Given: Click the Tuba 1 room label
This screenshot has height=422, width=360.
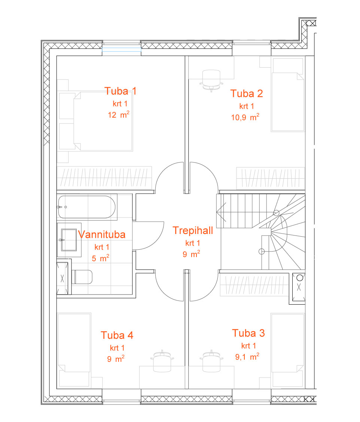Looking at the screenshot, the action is coord(120,91).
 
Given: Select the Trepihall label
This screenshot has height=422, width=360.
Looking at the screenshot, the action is coord(193,230).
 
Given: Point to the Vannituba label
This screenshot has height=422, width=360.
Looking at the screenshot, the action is coord(102,234).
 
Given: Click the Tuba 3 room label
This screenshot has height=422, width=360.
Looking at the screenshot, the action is coord(248,333).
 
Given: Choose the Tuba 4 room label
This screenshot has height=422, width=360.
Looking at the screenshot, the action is coord(117,335).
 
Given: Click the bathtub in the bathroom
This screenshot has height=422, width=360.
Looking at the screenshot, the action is coord(87,207).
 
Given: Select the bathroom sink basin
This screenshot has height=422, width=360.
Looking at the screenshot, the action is coord(69,240).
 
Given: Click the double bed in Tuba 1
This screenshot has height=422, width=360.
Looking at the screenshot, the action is coord(103,121).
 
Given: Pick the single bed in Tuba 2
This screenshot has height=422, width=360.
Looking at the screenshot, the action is coord(288,102).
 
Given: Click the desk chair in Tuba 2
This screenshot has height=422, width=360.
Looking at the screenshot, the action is coord(211,80).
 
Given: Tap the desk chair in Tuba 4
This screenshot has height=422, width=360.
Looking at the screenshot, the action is coord(162,361).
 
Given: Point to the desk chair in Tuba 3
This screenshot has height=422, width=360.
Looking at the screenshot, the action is coord(211,361).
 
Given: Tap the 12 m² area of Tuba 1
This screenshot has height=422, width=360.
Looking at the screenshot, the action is coord(119,115).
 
